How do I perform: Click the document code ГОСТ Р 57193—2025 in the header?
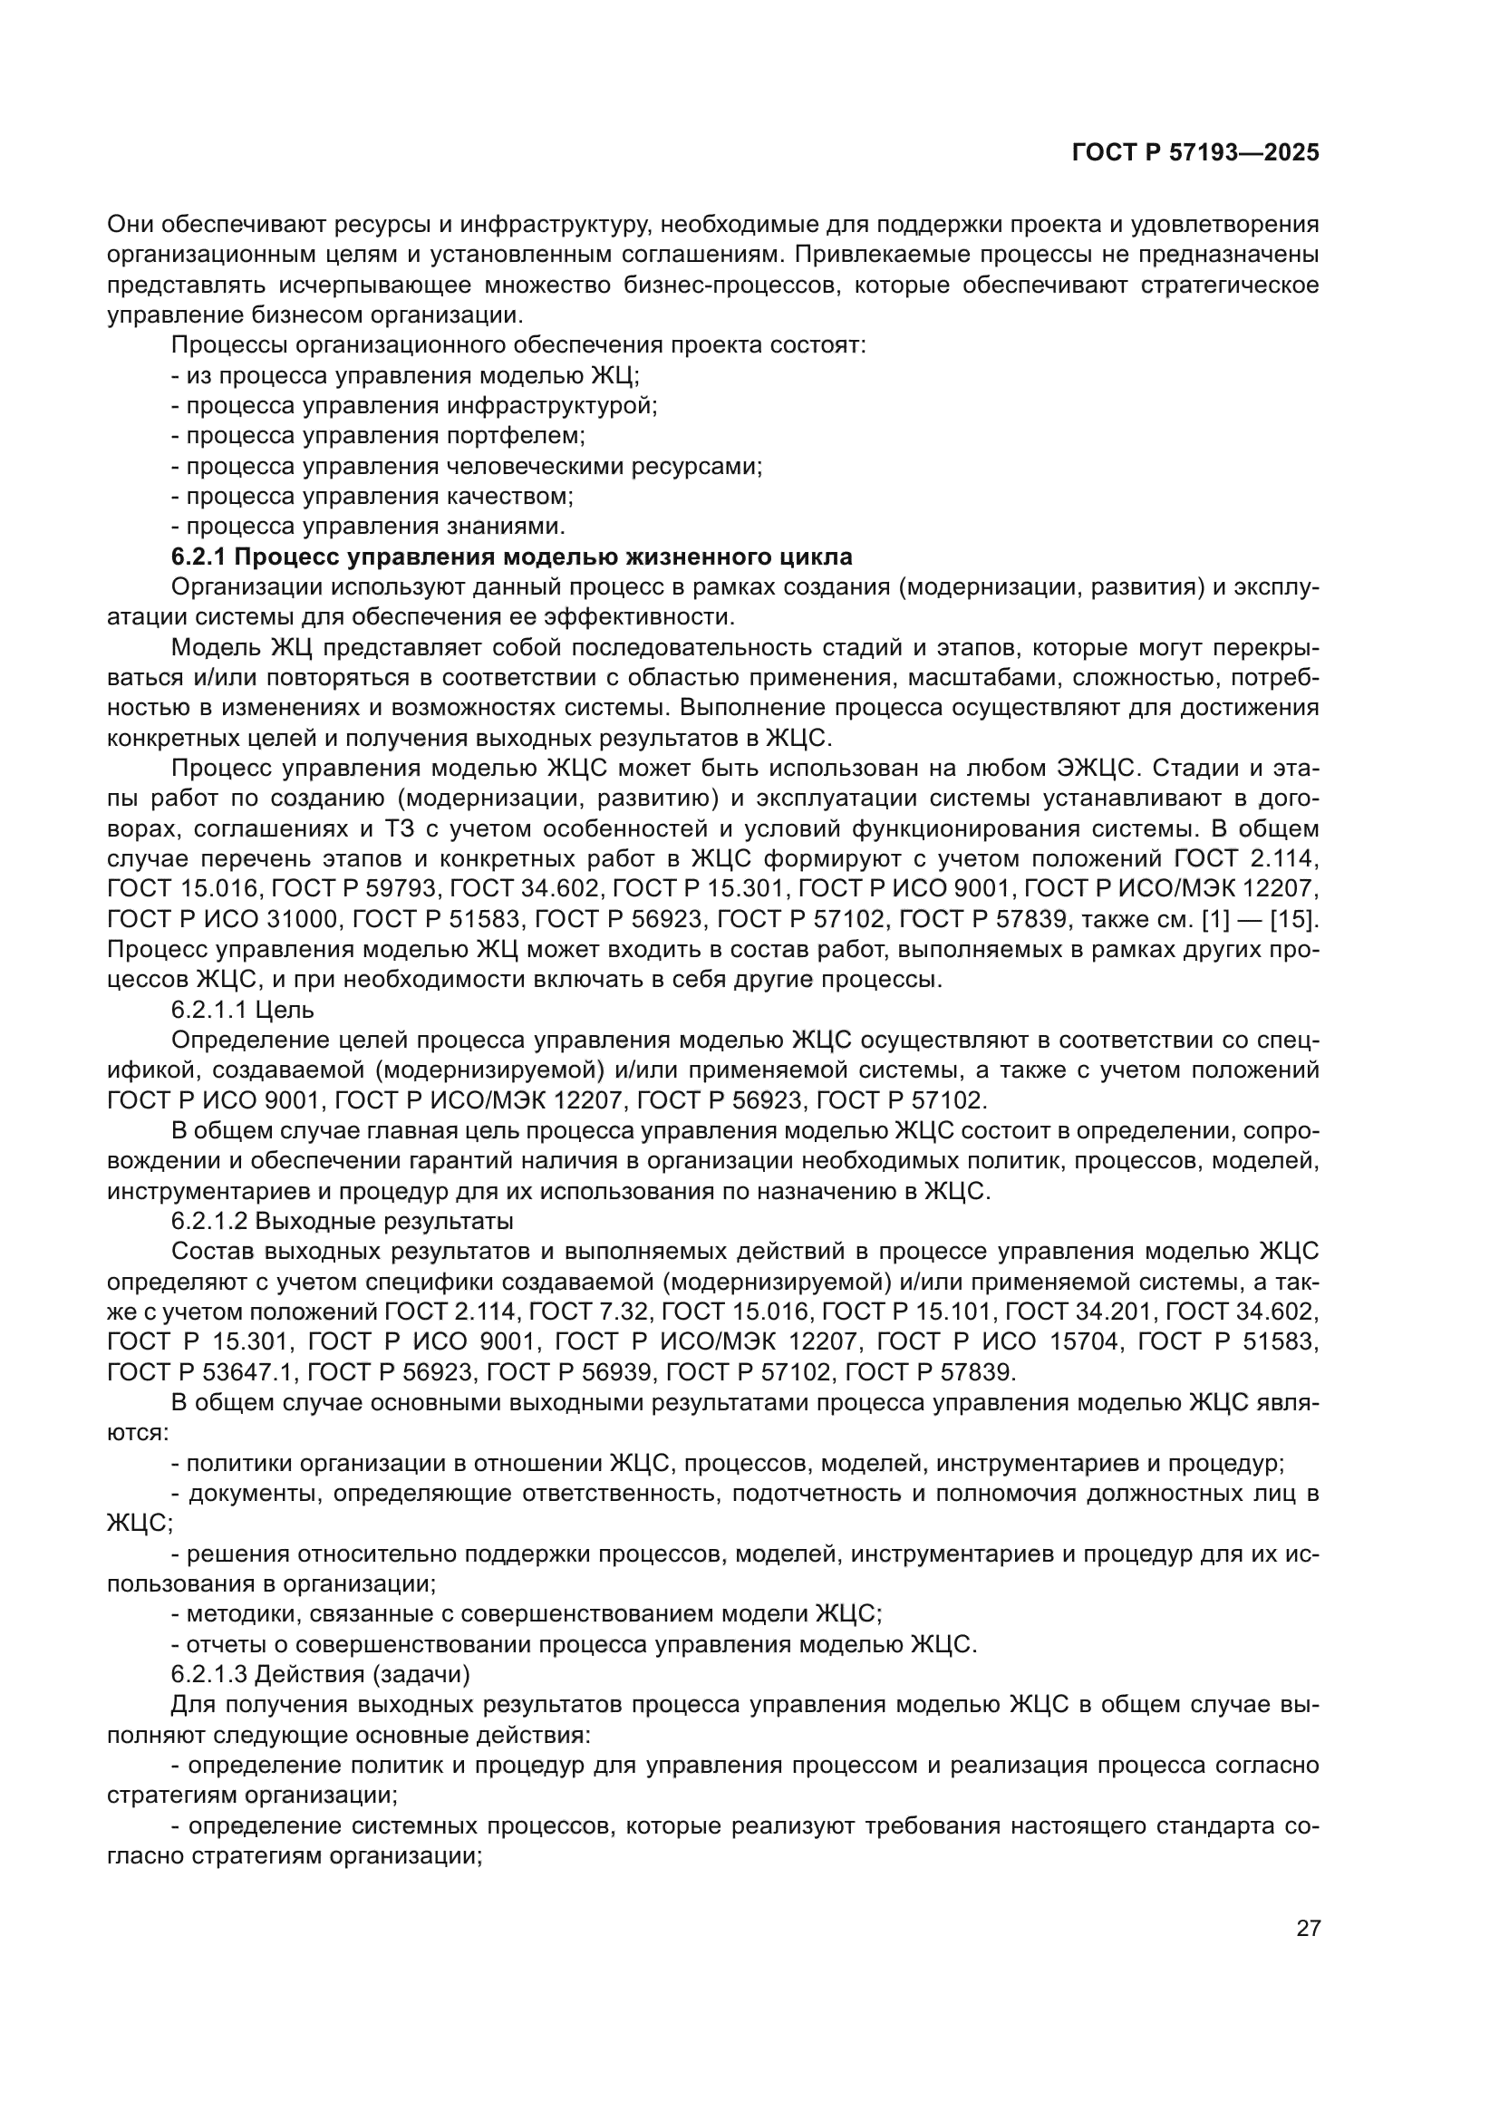coord(1195,153)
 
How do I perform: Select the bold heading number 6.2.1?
coord(204,557)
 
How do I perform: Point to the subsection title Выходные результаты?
coord(384,1221)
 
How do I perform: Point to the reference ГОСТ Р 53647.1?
coord(198,1371)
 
